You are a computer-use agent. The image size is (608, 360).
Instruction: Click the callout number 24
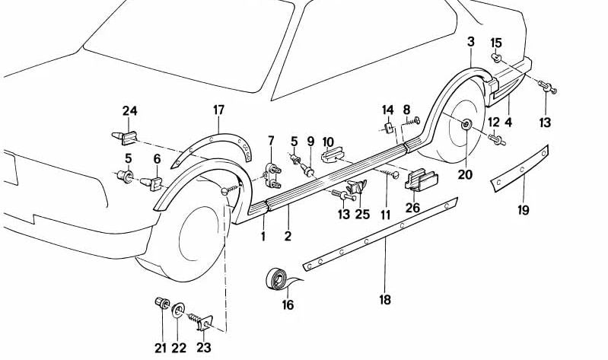(x=130, y=111)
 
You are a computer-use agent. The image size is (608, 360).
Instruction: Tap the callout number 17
(x=219, y=111)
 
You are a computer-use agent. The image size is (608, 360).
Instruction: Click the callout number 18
(x=385, y=299)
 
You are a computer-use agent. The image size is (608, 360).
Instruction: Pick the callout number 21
(x=160, y=349)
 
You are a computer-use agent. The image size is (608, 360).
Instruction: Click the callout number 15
(x=496, y=42)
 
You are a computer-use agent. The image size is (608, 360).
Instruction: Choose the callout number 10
(x=328, y=142)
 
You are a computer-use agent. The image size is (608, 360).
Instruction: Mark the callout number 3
(x=471, y=42)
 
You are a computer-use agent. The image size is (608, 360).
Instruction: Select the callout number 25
(x=362, y=215)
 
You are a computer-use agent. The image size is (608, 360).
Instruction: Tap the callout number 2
(x=288, y=237)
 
